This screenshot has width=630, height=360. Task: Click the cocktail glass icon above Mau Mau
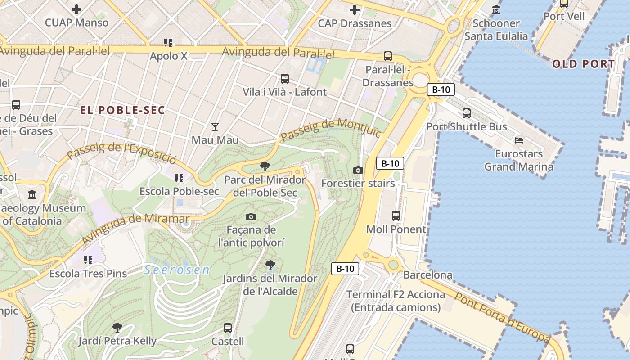pyautogui.click(x=215, y=127)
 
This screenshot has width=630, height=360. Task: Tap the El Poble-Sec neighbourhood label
pyautogui.click(x=123, y=110)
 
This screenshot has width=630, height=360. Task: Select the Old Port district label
pyautogui.click(x=583, y=64)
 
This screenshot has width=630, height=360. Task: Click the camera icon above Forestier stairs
pyautogui.click(x=358, y=170)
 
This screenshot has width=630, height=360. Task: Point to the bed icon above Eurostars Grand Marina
pyautogui.click(x=519, y=140)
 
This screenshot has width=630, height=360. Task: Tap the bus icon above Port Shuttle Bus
pyautogui.click(x=467, y=113)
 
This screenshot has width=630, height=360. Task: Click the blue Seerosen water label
pyautogui.click(x=177, y=270)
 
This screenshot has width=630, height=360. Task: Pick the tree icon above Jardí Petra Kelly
pyautogui.click(x=117, y=327)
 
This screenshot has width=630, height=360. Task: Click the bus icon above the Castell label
pyautogui.click(x=228, y=328)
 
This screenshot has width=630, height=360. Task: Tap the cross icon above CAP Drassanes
pyautogui.click(x=355, y=9)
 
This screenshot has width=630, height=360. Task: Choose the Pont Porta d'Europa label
pyautogui.click(x=501, y=317)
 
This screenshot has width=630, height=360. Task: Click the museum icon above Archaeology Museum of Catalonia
pyautogui.click(x=32, y=195)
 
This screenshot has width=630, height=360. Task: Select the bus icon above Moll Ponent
pyautogui.click(x=396, y=216)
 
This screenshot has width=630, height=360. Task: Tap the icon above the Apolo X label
pyautogui.click(x=168, y=43)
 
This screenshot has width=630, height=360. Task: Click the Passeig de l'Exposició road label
pyautogui.click(x=121, y=153)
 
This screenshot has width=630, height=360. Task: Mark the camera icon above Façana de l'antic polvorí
pyautogui.click(x=252, y=217)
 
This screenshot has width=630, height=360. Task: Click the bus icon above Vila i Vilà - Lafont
pyautogui.click(x=285, y=79)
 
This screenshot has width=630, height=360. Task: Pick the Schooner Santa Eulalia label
pyautogui.click(x=496, y=30)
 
